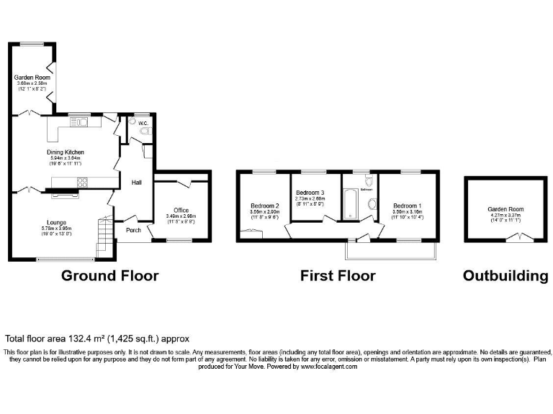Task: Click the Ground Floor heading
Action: (109, 275)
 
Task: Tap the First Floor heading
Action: (338, 275)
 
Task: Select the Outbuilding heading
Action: (505, 275)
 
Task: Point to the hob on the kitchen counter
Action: (82, 181)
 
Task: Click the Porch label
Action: (133, 230)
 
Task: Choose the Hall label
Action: (136, 183)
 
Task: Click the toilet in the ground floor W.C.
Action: (145, 132)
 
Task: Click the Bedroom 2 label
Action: (264, 206)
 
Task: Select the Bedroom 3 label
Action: (311, 192)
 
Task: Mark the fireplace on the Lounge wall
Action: (68, 192)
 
